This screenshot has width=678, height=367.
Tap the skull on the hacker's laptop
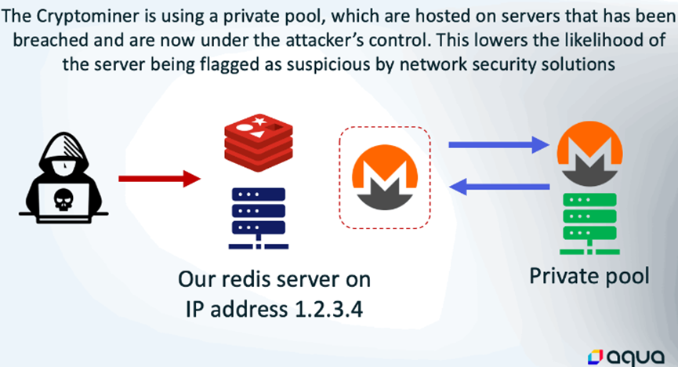point(60,202)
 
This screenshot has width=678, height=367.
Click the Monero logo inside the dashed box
point(384,178)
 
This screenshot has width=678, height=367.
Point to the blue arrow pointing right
point(497,144)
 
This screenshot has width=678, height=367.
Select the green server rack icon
point(589,222)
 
